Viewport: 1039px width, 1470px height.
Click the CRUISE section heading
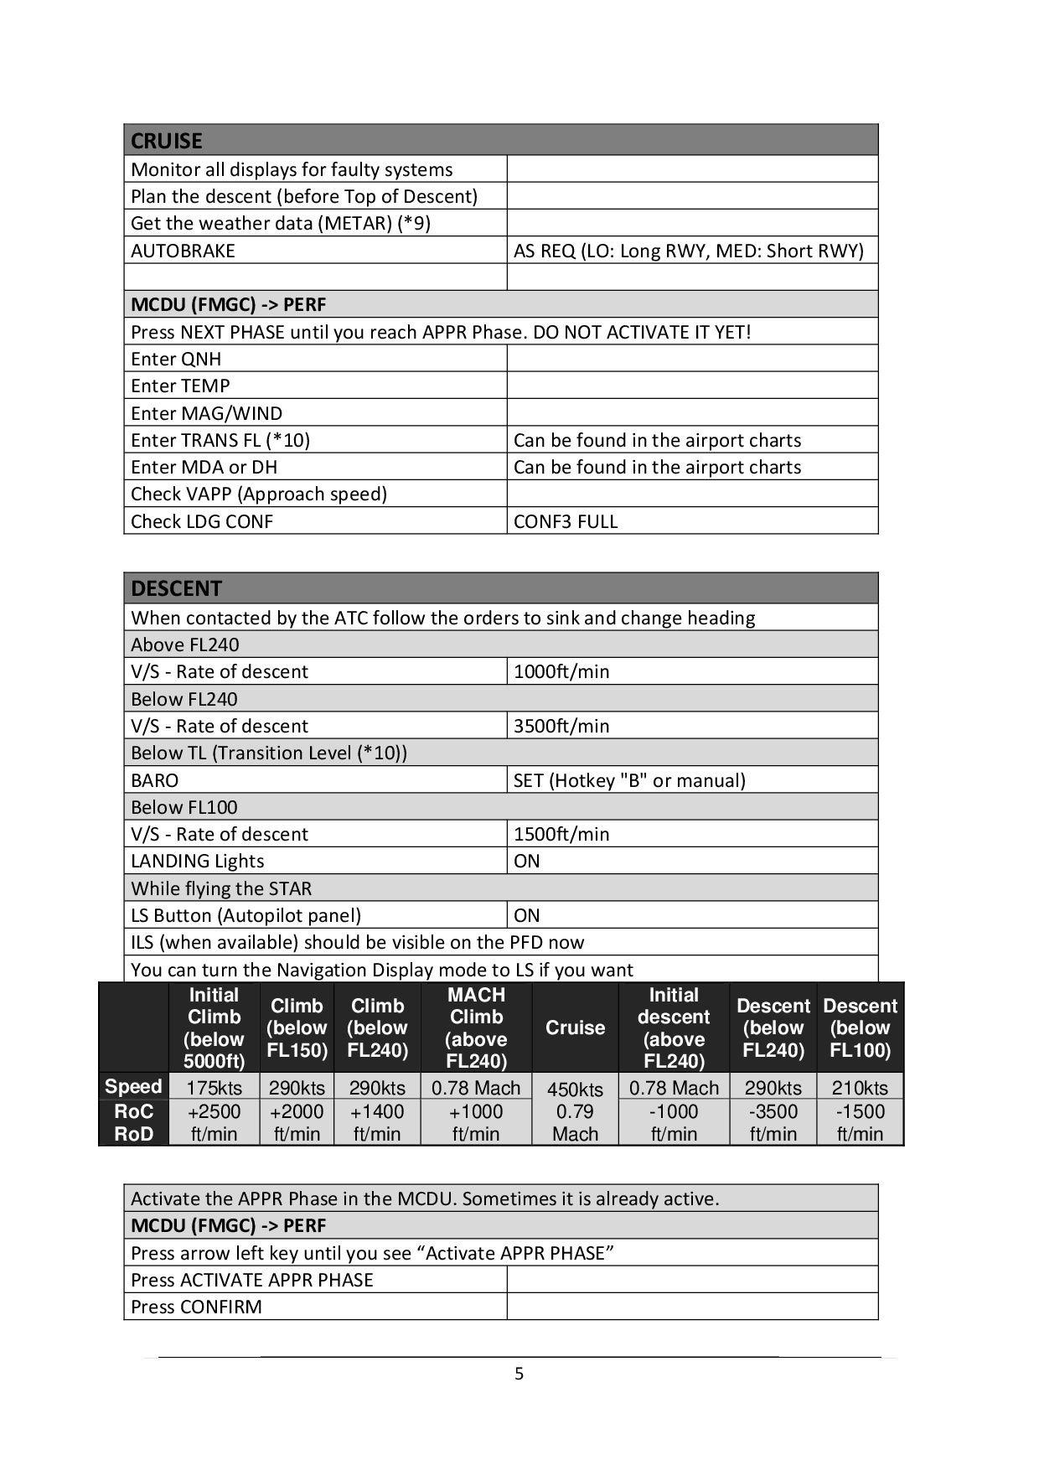click(167, 141)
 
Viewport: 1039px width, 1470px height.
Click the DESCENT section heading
click(176, 588)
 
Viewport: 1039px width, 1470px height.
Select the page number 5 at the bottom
click(519, 1374)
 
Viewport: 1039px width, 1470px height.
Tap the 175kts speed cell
click(214, 1088)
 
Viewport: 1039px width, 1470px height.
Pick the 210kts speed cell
click(860, 1088)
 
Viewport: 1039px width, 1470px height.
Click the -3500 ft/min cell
click(773, 1122)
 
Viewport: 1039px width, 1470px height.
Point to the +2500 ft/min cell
click(214, 1122)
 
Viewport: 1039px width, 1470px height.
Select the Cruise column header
click(575, 1027)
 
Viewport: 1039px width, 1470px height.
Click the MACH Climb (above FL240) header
click(476, 1027)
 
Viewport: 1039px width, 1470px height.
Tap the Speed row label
click(133, 1086)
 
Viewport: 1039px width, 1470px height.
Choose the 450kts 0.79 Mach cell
click(575, 1111)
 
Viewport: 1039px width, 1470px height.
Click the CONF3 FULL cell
click(566, 521)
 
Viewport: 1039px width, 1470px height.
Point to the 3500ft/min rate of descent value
click(561, 726)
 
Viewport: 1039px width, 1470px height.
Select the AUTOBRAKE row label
click(183, 251)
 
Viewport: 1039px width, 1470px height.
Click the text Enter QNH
click(176, 359)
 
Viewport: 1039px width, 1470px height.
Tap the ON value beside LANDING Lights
click(527, 861)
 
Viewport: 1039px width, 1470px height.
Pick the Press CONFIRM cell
click(196, 1307)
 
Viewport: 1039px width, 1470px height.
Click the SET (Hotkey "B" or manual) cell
click(629, 780)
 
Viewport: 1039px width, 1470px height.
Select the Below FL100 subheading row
click(184, 807)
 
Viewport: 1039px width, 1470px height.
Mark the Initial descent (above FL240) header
click(674, 1027)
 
